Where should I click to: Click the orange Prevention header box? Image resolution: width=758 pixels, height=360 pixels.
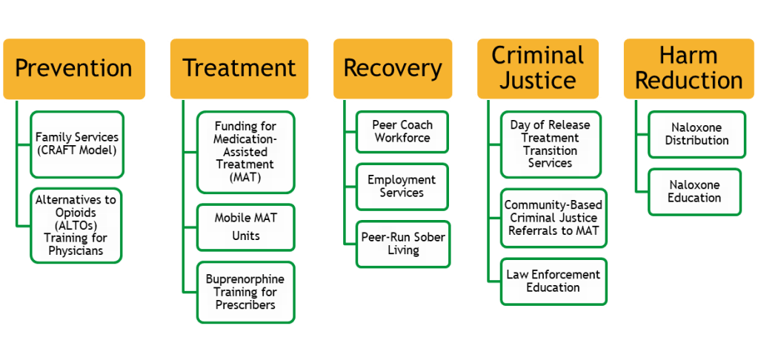pos(74,69)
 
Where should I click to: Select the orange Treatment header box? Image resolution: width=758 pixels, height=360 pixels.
pos(239,69)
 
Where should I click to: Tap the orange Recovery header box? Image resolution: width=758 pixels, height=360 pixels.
pos(392,69)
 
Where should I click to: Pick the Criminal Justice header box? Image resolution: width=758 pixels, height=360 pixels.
pos(538,67)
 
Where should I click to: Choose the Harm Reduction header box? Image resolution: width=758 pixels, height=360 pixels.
pos(688,67)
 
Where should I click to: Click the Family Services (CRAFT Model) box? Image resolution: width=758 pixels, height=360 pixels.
pos(77,144)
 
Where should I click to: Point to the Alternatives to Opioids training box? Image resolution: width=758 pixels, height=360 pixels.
pos(77,224)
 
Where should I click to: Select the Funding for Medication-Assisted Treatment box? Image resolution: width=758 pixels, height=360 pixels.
pos(245,151)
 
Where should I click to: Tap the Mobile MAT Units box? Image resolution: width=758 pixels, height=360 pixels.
pos(245,227)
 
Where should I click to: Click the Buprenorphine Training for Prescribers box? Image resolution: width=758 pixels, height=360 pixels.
pos(245,292)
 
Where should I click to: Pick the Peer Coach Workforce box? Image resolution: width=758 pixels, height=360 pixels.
pos(402,131)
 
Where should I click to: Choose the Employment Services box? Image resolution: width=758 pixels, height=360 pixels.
pos(402,186)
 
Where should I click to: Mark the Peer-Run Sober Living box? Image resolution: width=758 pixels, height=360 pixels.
pos(402,244)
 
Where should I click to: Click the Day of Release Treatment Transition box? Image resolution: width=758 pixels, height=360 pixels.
pos(550,144)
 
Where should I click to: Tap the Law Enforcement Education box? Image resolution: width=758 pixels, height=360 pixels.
pos(553,281)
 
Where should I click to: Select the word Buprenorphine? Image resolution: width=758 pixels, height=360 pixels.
pos(245,279)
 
